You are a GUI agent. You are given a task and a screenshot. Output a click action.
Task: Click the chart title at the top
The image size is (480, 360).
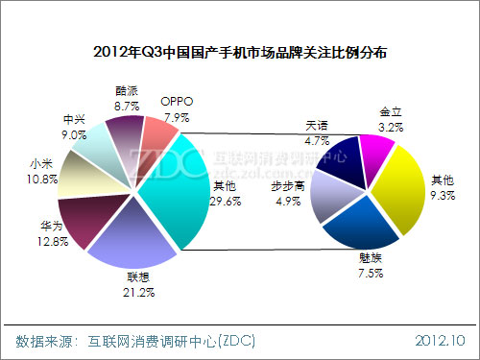click(240, 54)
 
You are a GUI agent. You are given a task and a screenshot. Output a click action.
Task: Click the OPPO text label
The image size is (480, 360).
click(177, 100)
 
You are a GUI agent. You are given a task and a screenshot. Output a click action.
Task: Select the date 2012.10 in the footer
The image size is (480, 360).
click(441, 341)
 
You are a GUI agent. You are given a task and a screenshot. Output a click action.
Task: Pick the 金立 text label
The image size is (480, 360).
click(392, 112)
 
